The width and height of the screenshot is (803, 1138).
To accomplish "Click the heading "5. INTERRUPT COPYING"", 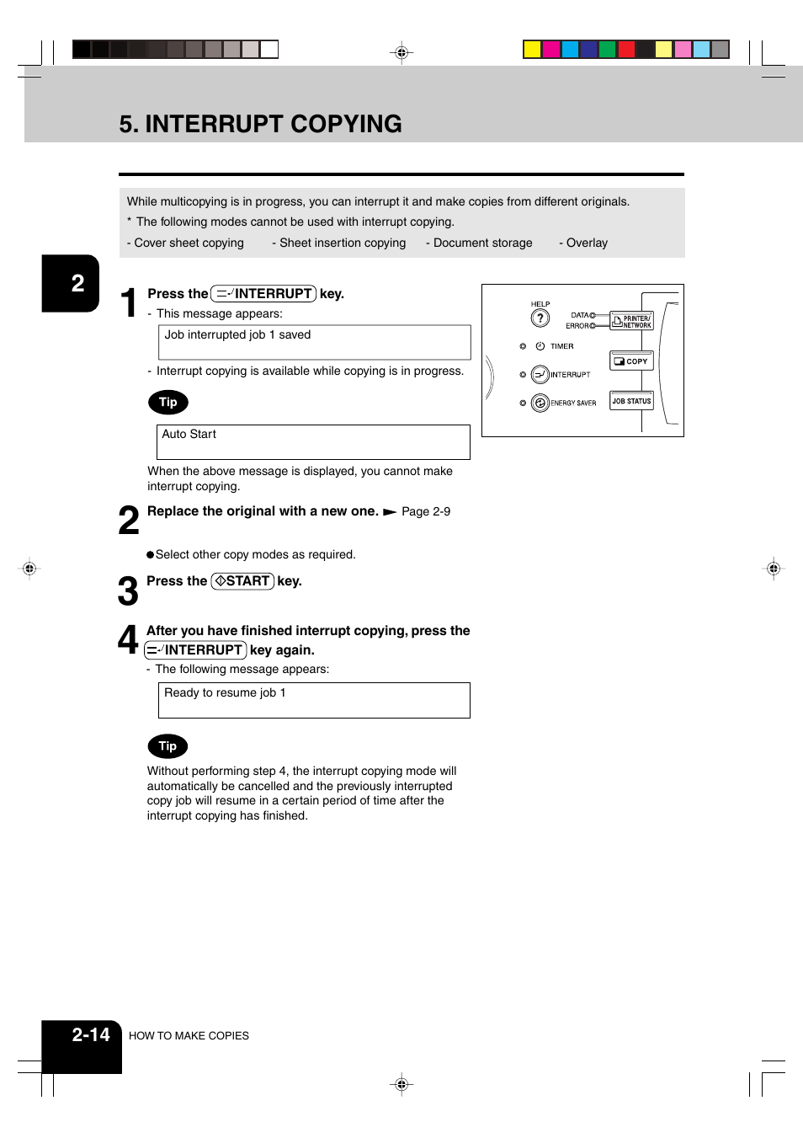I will [x=260, y=124].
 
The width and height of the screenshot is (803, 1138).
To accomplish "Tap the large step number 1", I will [x=128, y=302].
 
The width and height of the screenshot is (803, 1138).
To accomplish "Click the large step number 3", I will [x=128, y=591].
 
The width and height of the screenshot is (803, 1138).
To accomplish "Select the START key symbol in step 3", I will [x=242, y=581].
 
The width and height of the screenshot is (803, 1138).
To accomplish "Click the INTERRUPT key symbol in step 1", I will [x=263, y=294].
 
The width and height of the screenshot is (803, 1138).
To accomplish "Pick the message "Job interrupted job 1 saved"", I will [x=237, y=335].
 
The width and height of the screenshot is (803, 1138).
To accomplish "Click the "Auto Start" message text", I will [x=189, y=435].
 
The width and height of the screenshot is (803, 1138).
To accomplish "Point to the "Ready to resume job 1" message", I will [x=225, y=693].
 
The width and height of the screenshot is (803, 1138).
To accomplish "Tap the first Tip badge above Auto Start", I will [x=168, y=403].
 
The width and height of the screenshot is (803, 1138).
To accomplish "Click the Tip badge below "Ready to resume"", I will [x=168, y=746].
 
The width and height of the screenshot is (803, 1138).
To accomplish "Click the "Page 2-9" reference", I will [x=426, y=512].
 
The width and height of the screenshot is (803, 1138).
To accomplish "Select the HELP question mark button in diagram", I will [x=540, y=318].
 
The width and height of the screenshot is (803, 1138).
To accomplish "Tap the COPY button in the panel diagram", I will [x=631, y=361].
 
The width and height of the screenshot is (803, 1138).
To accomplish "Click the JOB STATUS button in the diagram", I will [x=631, y=401].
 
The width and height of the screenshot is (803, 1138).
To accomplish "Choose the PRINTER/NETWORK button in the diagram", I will [x=631, y=322].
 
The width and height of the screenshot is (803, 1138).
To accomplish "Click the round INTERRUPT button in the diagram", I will [x=540, y=375].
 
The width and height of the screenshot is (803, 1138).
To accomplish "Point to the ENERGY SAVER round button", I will [x=540, y=403].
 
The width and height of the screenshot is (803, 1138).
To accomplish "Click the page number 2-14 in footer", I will [x=91, y=1035].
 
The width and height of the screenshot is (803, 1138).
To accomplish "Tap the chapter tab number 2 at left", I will [x=77, y=284].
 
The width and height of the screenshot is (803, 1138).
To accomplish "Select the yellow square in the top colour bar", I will [x=532, y=50].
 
